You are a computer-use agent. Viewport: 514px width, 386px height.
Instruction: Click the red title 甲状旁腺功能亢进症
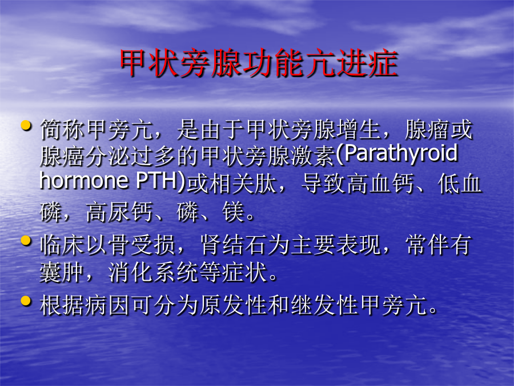(259, 63)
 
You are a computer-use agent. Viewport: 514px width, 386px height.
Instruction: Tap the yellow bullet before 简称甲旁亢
(26, 125)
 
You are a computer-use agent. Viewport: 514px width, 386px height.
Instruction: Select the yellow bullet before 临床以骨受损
(26, 241)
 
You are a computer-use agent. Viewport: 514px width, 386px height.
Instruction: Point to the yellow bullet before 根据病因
(26, 301)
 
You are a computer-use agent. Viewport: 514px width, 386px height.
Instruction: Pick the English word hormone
(84, 181)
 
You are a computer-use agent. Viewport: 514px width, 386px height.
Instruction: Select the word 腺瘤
(427, 129)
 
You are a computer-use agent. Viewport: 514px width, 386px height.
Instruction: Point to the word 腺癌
(62, 155)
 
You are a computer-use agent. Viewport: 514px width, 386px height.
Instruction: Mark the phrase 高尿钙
(119, 212)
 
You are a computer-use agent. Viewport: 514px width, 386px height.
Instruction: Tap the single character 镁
(233, 212)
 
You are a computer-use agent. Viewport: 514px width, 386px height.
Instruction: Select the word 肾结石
(233, 245)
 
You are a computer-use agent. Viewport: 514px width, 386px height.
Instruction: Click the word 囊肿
(62, 272)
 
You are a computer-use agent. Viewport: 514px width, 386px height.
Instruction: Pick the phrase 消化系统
(153, 272)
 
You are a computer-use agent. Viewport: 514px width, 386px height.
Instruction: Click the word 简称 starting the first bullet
(62, 129)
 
